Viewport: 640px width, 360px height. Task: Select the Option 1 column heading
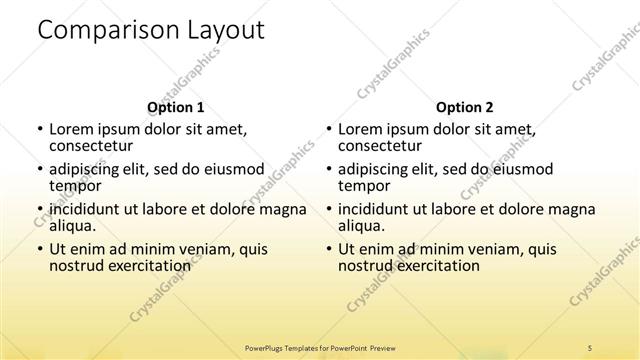tap(175, 107)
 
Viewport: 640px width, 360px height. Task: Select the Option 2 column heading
tap(464, 107)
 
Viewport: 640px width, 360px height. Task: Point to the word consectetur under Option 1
tap(91, 146)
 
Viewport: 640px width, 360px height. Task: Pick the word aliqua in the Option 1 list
tap(73, 227)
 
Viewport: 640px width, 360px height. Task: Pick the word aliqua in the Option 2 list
tap(362, 227)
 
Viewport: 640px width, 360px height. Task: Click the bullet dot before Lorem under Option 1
tap(39, 130)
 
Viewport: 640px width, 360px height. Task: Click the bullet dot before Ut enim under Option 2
tap(328, 249)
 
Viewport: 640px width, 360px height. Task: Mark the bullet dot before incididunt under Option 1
tap(39, 210)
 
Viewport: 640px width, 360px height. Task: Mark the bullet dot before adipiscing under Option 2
tap(328, 170)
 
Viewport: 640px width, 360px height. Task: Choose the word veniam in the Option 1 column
tap(199, 249)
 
